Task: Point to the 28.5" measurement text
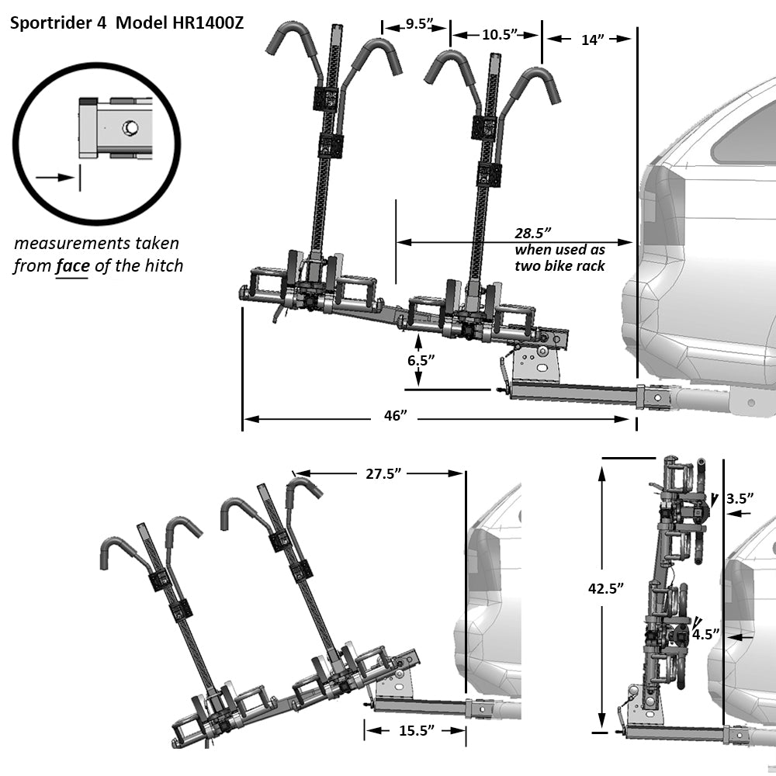point(535,233)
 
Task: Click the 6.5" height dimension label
point(419,360)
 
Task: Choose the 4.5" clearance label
point(705,633)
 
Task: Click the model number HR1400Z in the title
point(204,23)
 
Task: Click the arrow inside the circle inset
point(54,177)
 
